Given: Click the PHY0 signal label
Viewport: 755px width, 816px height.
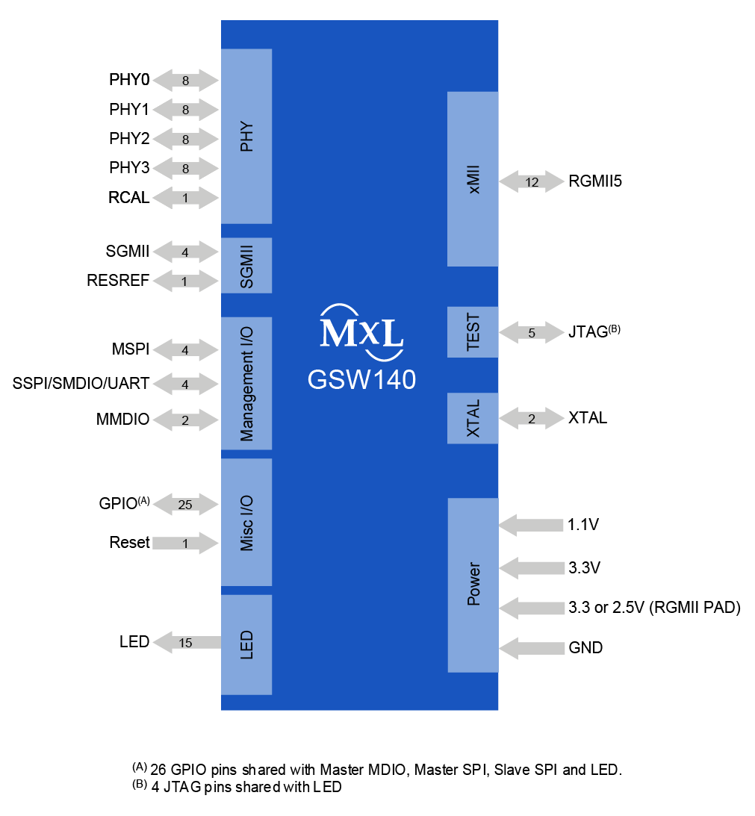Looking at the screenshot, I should point(129,80).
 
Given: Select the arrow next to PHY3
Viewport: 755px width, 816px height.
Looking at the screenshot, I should point(185,169).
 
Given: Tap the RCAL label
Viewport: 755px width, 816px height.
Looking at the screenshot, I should point(129,199).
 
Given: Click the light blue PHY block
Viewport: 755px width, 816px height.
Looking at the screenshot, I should point(246,136).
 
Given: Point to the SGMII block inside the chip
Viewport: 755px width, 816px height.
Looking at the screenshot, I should point(246,265).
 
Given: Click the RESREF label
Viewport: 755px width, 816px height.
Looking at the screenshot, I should point(118,281).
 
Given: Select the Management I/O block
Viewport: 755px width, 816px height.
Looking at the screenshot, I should point(246,383).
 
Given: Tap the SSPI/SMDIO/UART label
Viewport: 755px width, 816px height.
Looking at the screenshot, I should point(81,384).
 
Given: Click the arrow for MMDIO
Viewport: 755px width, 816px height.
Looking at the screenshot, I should point(185,420).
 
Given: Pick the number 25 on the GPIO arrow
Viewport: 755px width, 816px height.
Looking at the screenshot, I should point(185,505).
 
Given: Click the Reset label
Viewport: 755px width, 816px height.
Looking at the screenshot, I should point(129,543).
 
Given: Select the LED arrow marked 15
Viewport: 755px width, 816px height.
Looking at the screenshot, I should point(187,643).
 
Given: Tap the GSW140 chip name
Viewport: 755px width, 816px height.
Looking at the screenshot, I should point(361,380).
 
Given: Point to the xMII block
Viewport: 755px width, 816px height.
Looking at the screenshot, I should point(473,179).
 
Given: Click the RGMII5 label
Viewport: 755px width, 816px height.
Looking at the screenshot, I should point(595,181).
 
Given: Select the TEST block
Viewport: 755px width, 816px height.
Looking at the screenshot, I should point(473,331).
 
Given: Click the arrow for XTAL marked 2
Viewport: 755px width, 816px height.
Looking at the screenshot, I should point(532,419).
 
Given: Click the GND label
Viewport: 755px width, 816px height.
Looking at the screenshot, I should point(585,648).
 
